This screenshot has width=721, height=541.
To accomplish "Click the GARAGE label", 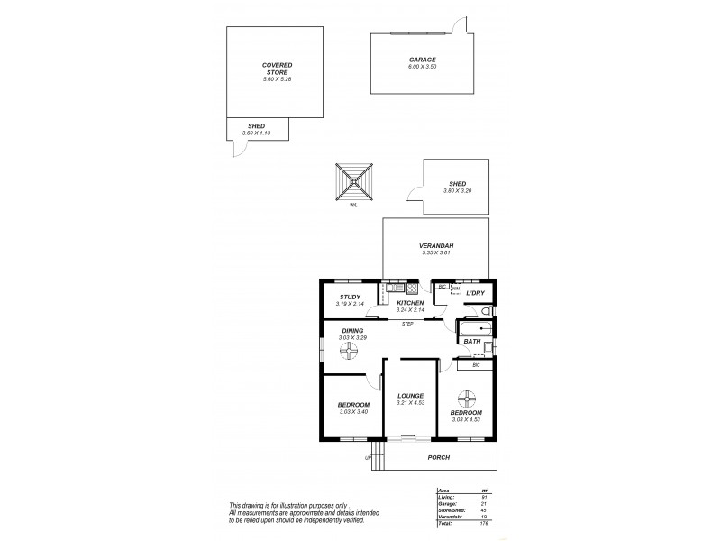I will click(x=422, y=60).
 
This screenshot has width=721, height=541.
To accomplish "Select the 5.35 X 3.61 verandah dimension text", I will click(x=435, y=252).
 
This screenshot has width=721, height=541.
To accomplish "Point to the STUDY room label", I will click(x=350, y=297).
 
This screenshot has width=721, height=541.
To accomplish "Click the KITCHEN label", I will click(x=397, y=303).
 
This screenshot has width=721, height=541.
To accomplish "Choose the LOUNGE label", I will click(x=409, y=396).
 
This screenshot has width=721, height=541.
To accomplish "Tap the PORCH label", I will click(x=438, y=457).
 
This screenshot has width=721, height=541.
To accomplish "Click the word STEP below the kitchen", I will click(x=407, y=322).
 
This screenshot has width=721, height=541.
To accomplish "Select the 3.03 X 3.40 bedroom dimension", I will click(x=354, y=412).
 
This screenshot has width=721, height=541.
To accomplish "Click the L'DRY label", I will click(x=475, y=294).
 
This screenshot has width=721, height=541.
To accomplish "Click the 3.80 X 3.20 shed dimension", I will click(x=457, y=191).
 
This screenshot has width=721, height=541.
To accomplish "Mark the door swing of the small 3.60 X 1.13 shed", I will click(x=238, y=151).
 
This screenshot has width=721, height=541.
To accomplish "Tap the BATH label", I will click(x=471, y=342).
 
